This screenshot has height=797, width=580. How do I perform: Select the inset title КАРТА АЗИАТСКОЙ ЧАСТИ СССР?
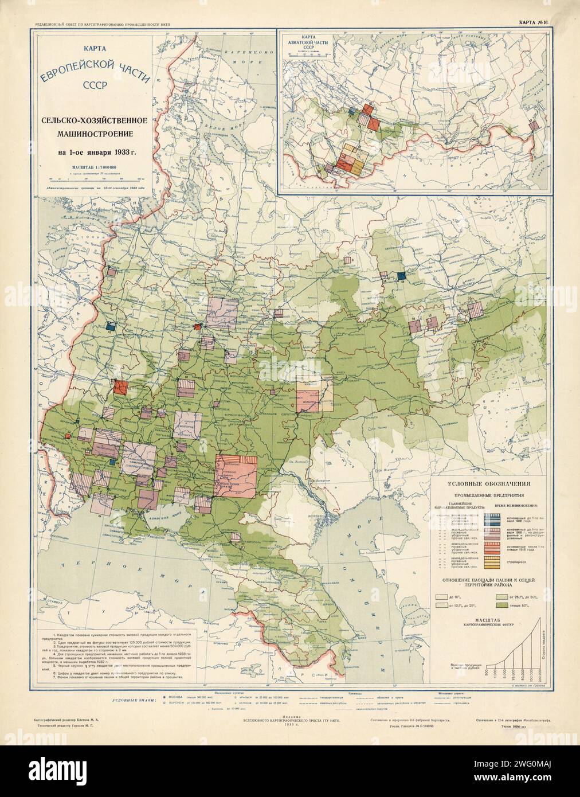[x=304, y=45]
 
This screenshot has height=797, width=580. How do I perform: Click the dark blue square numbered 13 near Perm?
[x=402, y=276]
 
